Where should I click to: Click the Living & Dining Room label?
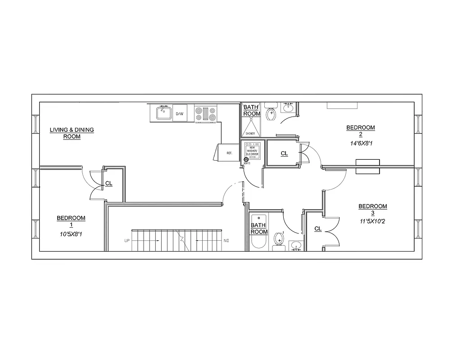pyautogui.click(x=72, y=133)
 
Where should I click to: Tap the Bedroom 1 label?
pyautogui.click(x=71, y=221)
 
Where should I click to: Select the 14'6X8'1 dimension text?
pyautogui.click(x=360, y=144)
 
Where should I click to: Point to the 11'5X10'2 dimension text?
pyautogui.click(x=372, y=221)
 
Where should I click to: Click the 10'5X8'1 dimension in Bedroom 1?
pyautogui.click(x=71, y=234)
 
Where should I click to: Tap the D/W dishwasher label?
pyautogui.click(x=180, y=114)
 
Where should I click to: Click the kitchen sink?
pyautogui.click(x=163, y=112)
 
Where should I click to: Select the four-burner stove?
pyautogui.click(x=205, y=113)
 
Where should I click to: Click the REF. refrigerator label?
pyautogui.click(x=229, y=153)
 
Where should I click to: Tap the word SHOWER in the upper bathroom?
pyautogui.click(x=250, y=134)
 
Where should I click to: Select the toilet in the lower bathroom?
pyautogui.click(x=279, y=238)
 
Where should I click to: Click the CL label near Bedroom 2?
pyautogui.click(x=284, y=154)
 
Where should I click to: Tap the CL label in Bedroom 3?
pyautogui.click(x=318, y=229)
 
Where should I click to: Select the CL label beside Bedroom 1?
pyautogui.click(x=109, y=184)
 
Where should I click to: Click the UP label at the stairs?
pyautogui.click(x=127, y=241)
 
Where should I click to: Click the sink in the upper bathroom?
pyautogui.click(x=288, y=108)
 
